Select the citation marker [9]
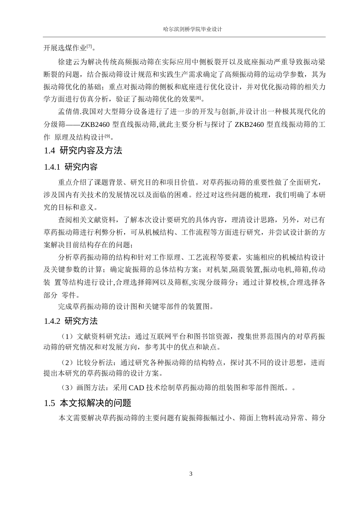click(107, 135)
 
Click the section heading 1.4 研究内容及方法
click(83, 150)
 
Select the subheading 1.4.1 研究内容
click(71, 167)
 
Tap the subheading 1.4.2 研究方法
click(71, 321)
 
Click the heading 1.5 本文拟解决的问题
click(88, 403)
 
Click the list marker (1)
click(67, 336)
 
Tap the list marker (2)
click(67, 362)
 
